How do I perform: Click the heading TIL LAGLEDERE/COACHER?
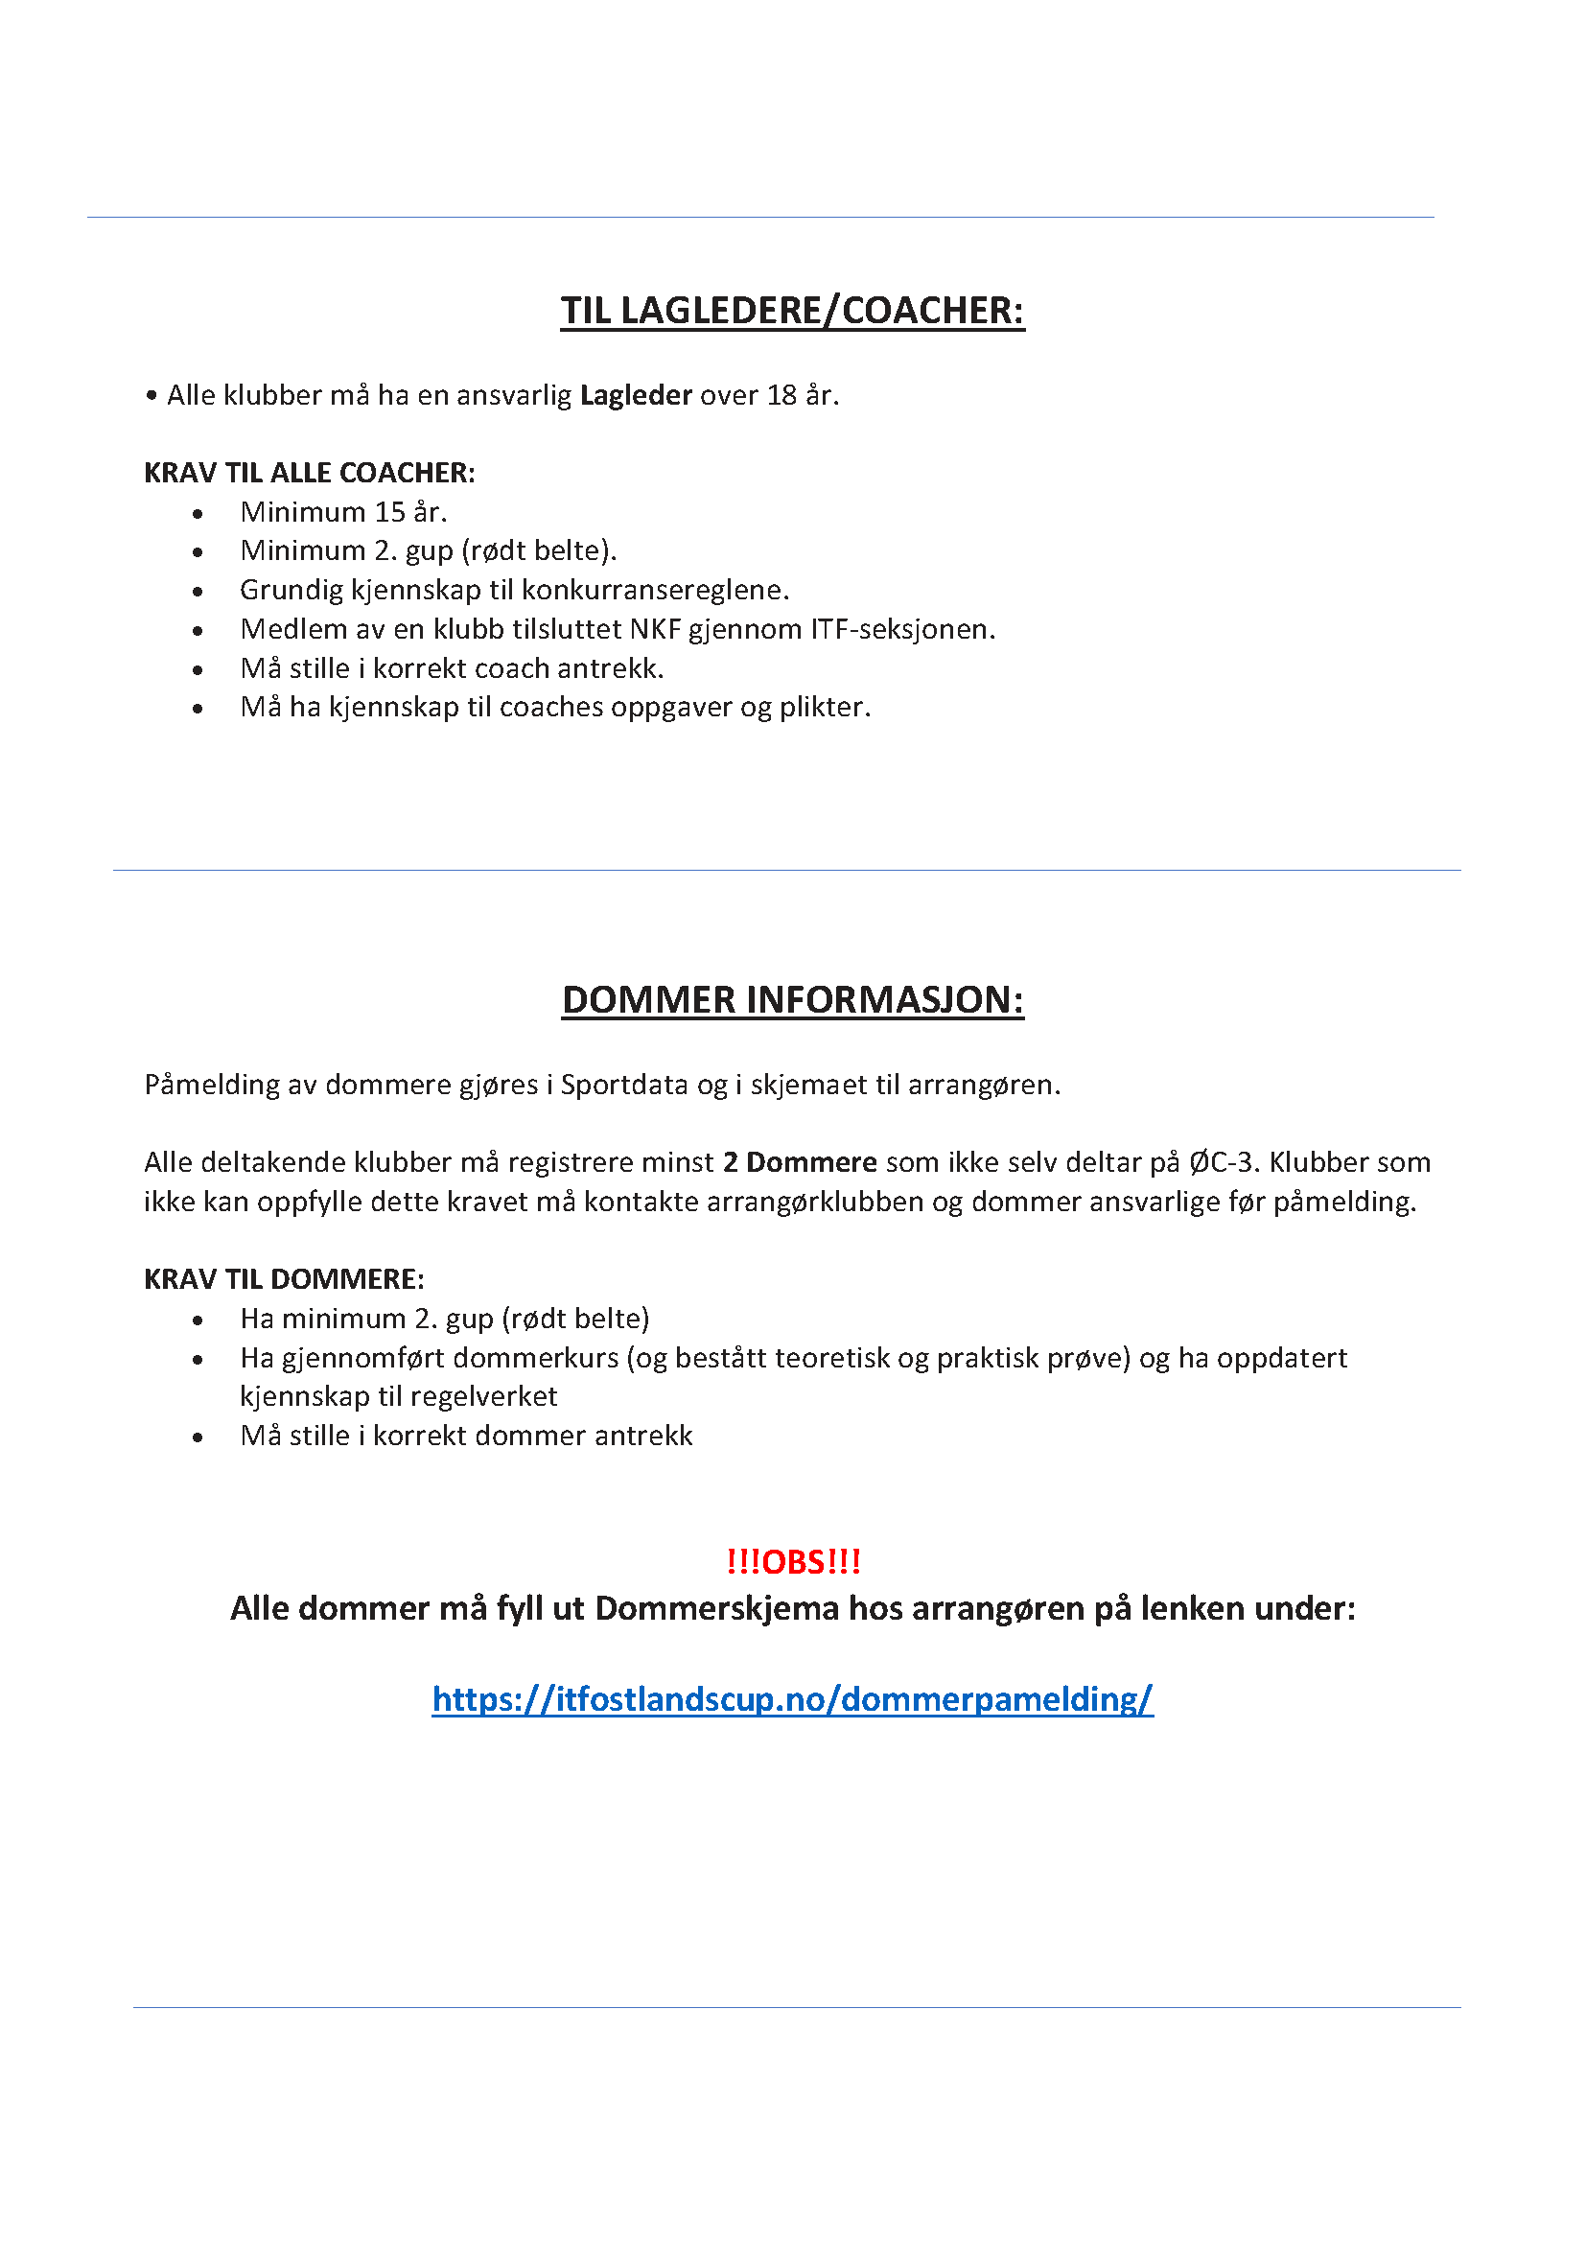pos(792,311)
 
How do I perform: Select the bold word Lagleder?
pos(636,396)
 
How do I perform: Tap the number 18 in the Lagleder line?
pos(781,396)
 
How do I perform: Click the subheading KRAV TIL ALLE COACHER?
pos(309,473)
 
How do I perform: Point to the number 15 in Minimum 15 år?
pos(389,512)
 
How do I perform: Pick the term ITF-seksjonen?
pos(901,629)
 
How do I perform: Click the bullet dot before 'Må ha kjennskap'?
pos(198,709)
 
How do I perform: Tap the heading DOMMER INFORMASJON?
pos(792,1000)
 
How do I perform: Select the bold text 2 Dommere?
pos(800,1162)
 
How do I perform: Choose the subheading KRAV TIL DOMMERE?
pos(283,1280)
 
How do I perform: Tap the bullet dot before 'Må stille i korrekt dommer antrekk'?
pos(198,1437)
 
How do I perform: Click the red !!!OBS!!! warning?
pos(793,1561)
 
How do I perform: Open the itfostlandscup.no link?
pos(792,1699)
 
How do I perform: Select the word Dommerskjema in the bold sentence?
pos(717,1608)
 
